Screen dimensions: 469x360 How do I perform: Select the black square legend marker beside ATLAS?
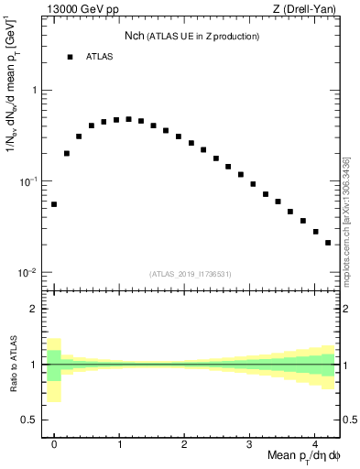pos(70,57)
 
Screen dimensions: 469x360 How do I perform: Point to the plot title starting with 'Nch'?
pos(191,36)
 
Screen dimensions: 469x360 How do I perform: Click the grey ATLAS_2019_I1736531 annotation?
pos(191,274)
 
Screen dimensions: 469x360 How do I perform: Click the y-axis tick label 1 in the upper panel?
pos(34,91)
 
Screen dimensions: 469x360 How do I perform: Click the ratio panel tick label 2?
pos(34,309)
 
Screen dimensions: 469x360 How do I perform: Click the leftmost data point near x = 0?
pos(54,204)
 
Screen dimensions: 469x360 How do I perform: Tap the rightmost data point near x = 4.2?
pos(328,243)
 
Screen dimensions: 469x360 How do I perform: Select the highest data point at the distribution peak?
pos(128,119)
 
